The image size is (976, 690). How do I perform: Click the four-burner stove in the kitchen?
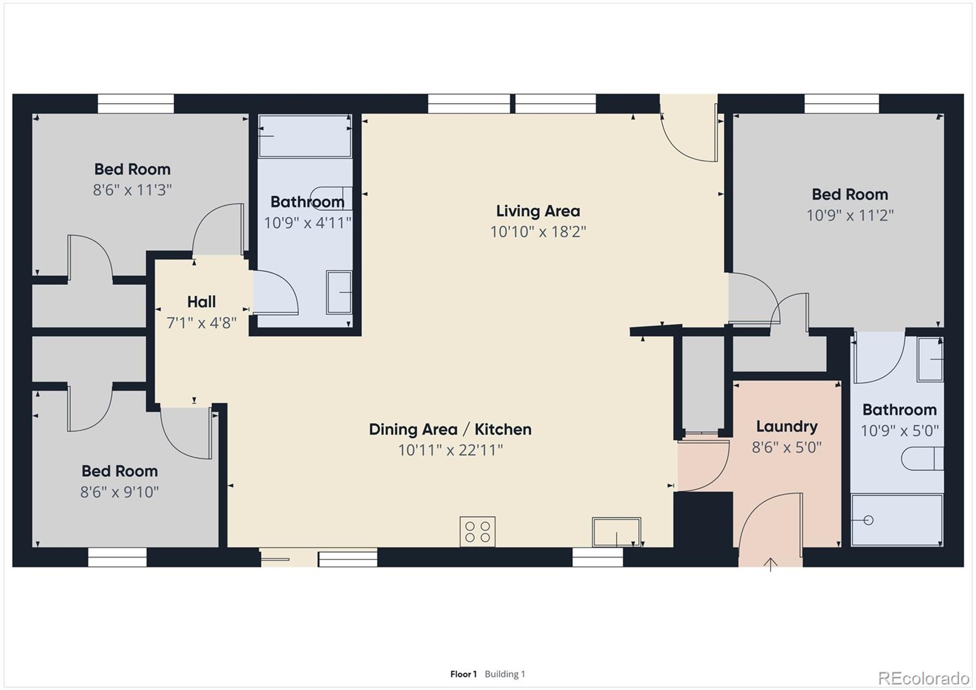point(477,531)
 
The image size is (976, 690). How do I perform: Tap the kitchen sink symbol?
point(616,532)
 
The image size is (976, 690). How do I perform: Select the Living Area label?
point(538,212)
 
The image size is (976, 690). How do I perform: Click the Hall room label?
point(201,301)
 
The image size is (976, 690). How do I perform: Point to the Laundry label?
point(787,427)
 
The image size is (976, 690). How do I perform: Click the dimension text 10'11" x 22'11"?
point(451,450)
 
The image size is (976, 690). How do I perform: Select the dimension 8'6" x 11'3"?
point(132,190)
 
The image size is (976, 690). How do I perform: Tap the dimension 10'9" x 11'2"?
point(850,215)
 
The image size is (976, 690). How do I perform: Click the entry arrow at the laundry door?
point(770,564)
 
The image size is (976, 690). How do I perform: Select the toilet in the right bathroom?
point(922,459)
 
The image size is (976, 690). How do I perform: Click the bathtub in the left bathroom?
point(305,136)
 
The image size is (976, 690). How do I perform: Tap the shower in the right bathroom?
point(897,520)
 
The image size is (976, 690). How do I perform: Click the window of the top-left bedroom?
point(135,104)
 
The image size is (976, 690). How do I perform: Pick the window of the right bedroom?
point(842,104)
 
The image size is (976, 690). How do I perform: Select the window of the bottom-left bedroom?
point(117,557)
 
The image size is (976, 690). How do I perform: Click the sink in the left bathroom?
point(339,292)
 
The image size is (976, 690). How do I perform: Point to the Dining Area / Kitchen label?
point(450,429)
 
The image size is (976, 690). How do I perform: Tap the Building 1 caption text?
point(505,674)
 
